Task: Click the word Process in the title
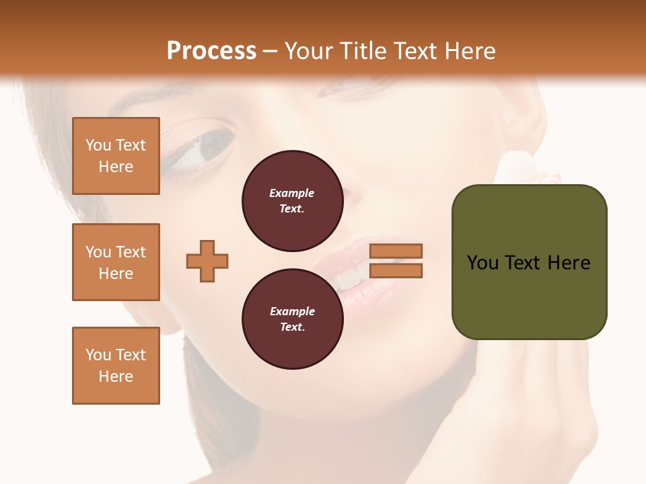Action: coord(211,51)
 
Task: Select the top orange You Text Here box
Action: coord(116,156)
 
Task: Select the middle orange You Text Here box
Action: coord(116,262)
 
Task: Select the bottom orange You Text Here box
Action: coord(116,366)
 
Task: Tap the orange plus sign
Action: coord(207,261)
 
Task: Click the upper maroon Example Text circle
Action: coord(292,201)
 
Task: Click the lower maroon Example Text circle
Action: coord(292,319)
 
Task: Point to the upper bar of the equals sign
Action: coord(396,251)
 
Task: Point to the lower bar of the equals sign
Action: coord(396,271)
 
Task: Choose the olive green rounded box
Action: coord(529,262)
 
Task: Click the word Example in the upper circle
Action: coord(292,193)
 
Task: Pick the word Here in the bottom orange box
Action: coord(116,376)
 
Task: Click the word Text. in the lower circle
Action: coord(292,327)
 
